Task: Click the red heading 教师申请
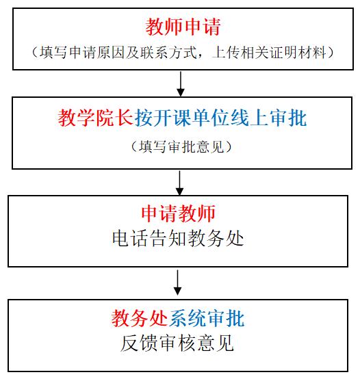pyautogui.click(x=183, y=27)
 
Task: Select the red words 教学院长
pyautogui.click(x=96, y=118)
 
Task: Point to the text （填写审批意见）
pyautogui.click(x=181, y=146)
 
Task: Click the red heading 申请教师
pyautogui.click(x=178, y=213)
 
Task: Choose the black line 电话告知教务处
pyautogui.click(x=178, y=238)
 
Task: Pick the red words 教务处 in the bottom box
pyautogui.click(x=140, y=318)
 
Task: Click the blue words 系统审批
pyautogui.click(x=207, y=318)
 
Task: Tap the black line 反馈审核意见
pyautogui.click(x=177, y=343)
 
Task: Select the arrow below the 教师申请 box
pyautogui.click(x=181, y=83)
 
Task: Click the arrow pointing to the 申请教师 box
pyautogui.click(x=179, y=183)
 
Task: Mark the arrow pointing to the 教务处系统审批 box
pyautogui.click(x=178, y=283)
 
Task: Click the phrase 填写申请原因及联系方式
pyautogui.click(x=118, y=53)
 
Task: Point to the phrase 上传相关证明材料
pyautogui.click(x=269, y=53)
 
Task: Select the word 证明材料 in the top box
pyautogui.click(x=298, y=53)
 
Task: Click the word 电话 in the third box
pyautogui.click(x=129, y=238)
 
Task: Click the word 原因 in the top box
pyautogui.click(x=111, y=53)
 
